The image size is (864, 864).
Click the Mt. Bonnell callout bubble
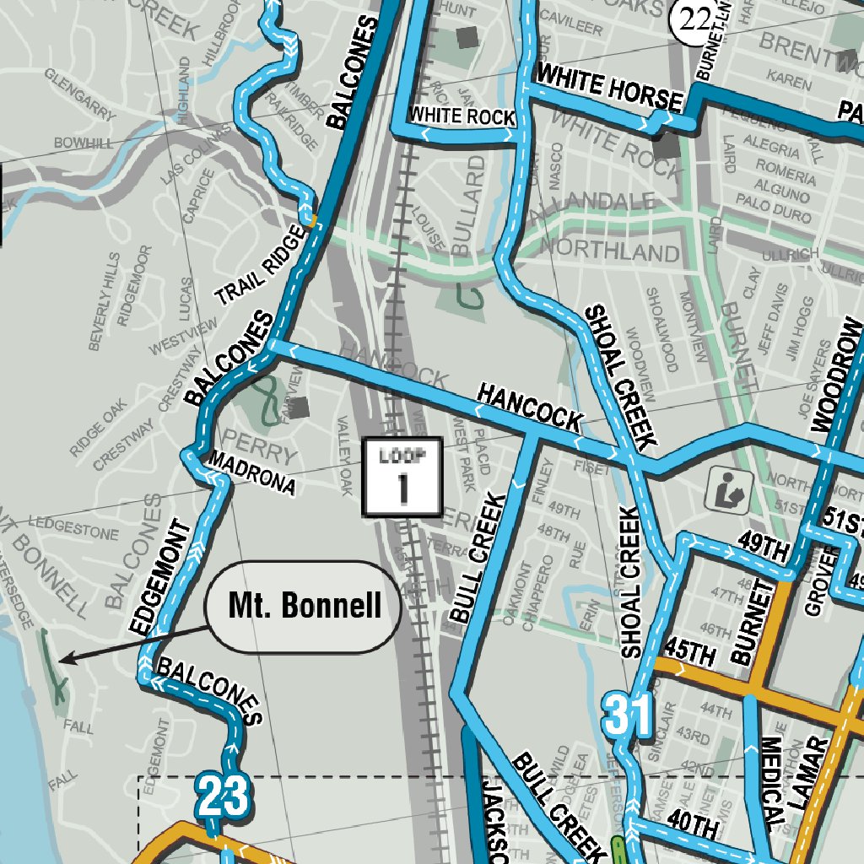click(x=304, y=606)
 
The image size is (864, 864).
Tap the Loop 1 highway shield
click(x=402, y=477)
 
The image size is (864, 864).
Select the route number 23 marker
click(x=224, y=796)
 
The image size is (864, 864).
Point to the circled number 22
click(x=690, y=19)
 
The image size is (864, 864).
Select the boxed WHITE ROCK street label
click(x=462, y=116)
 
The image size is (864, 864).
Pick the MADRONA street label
click(x=251, y=472)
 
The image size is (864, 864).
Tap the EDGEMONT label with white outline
click(x=159, y=578)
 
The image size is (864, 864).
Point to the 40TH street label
click(x=691, y=818)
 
